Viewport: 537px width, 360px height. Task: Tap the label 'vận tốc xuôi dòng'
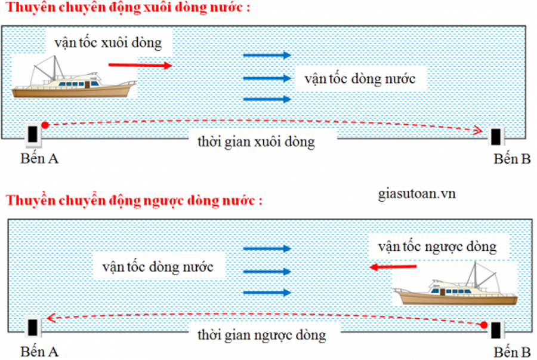(x=108, y=43)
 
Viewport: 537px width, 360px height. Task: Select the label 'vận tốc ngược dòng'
(x=437, y=247)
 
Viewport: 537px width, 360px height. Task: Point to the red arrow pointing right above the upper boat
(x=140, y=65)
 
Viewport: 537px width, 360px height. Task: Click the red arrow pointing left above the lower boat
(x=393, y=266)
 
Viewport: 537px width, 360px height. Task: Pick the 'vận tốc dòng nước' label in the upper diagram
(x=360, y=79)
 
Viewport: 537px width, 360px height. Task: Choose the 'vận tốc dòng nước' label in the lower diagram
(x=158, y=267)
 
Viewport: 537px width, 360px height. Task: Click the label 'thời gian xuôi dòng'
(x=256, y=142)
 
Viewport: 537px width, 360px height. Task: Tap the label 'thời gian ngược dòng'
(x=262, y=335)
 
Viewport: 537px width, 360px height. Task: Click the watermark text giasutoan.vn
(x=417, y=194)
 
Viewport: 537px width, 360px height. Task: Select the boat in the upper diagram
(x=74, y=78)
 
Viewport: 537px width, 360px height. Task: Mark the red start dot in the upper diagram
(x=45, y=125)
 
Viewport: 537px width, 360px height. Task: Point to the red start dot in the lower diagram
(x=484, y=325)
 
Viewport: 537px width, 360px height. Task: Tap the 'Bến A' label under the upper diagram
(x=39, y=159)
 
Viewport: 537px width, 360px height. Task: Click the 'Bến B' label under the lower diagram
(x=512, y=352)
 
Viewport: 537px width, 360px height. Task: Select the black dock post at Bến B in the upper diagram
(x=496, y=137)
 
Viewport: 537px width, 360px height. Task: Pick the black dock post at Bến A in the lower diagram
(x=33, y=327)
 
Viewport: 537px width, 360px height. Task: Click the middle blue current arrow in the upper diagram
(x=267, y=78)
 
